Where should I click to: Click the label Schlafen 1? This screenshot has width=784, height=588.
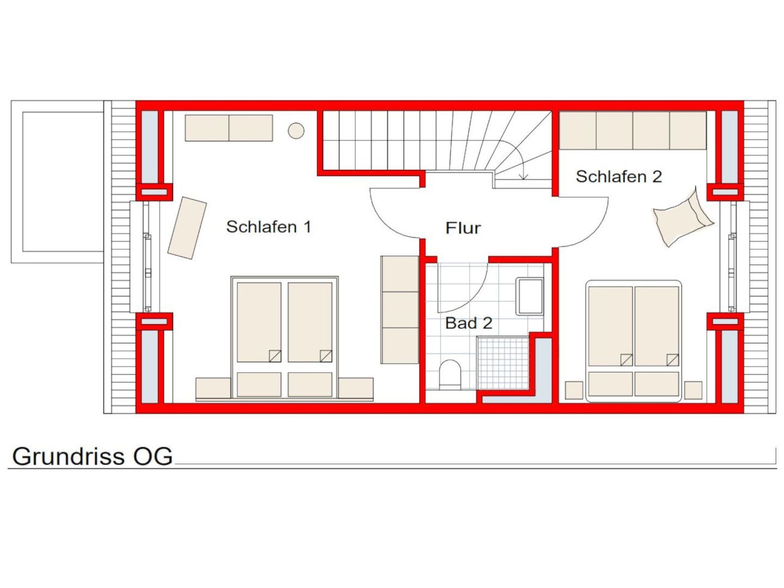pos(268,226)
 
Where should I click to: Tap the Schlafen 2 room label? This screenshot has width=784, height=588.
pos(618,176)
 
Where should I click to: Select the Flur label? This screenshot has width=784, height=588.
pos(463,228)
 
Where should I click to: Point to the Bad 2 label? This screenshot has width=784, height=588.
pos(469,323)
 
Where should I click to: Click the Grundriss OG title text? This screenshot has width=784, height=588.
pos(92,456)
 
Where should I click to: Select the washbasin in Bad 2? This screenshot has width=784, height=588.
pos(529,296)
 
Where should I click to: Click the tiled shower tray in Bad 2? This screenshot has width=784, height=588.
pos(503,363)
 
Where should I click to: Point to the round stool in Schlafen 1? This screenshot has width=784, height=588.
pos(296,131)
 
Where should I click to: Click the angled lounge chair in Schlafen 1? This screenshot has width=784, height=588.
pos(187,228)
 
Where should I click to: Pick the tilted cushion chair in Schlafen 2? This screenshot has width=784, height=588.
pos(683,218)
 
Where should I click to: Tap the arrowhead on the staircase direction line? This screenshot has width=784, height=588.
pos(524,177)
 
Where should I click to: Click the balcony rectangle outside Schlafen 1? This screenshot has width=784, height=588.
pos(58,182)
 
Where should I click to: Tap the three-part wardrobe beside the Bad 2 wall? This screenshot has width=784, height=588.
pos(400,310)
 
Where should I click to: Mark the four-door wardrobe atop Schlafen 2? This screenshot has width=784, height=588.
pos(633,130)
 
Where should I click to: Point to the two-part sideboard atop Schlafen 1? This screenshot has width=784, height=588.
pos(229,128)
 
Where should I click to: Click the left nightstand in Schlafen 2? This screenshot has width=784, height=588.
pos(574,390)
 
